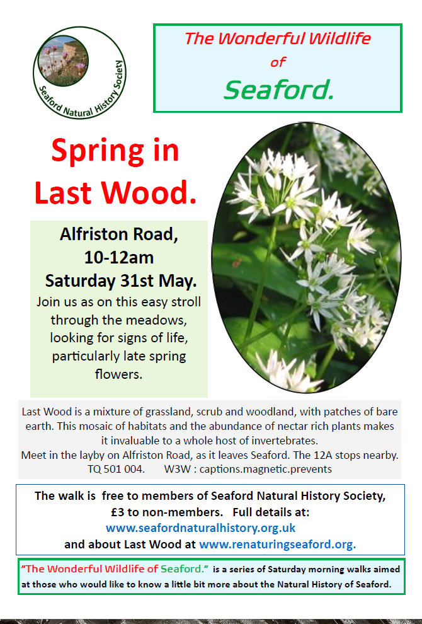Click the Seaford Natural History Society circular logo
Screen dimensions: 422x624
[x=79, y=72]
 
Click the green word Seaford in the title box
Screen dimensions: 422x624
[x=279, y=90]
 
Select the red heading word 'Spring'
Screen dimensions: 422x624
[x=98, y=151]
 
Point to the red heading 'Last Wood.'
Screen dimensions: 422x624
[x=116, y=193]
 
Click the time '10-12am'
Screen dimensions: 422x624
[x=119, y=258]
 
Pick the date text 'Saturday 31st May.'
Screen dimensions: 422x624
[x=121, y=281]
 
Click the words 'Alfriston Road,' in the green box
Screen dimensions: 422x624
[x=119, y=234]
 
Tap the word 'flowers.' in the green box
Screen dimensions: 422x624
[x=118, y=374]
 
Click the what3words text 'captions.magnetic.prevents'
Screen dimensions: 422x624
[x=266, y=470]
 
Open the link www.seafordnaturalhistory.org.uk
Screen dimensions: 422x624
[x=201, y=528]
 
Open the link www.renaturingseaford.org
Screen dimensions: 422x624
[x=278, y=545]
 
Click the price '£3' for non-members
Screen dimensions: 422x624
[x=117, y=512]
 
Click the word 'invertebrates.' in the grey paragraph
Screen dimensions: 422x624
[x=285, y=441]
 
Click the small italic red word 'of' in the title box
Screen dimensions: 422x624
[x=278, y=62]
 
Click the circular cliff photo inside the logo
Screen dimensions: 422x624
[x=64, y=61]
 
